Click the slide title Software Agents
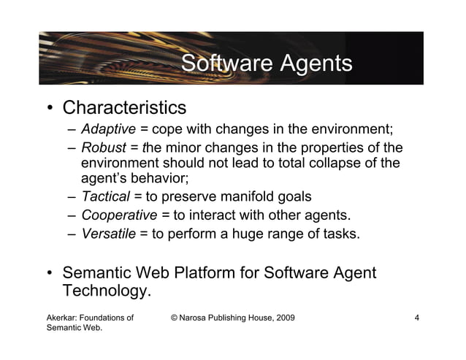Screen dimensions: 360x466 (x=266, y=64)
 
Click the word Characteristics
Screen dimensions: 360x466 (x=124, y=108)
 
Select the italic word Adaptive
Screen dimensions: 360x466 (x=108, y=131)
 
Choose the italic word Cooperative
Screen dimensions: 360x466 (x=119, y=215)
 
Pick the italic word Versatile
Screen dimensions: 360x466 (x=109, y=234)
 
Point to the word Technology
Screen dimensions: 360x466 (x=107, y=291)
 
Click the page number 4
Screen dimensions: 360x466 (x=416, y=318)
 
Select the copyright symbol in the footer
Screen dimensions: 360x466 (x=174, y=318)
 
